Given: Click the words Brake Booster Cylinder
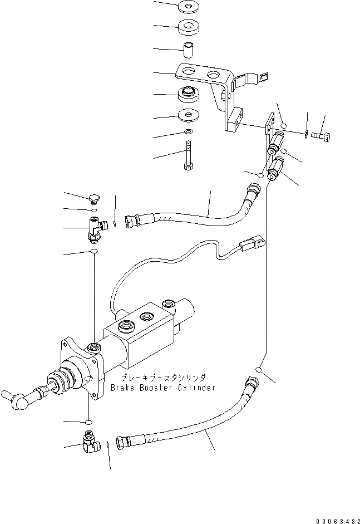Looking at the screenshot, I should pos(162,388).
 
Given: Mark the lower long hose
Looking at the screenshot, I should pos(184,429).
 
